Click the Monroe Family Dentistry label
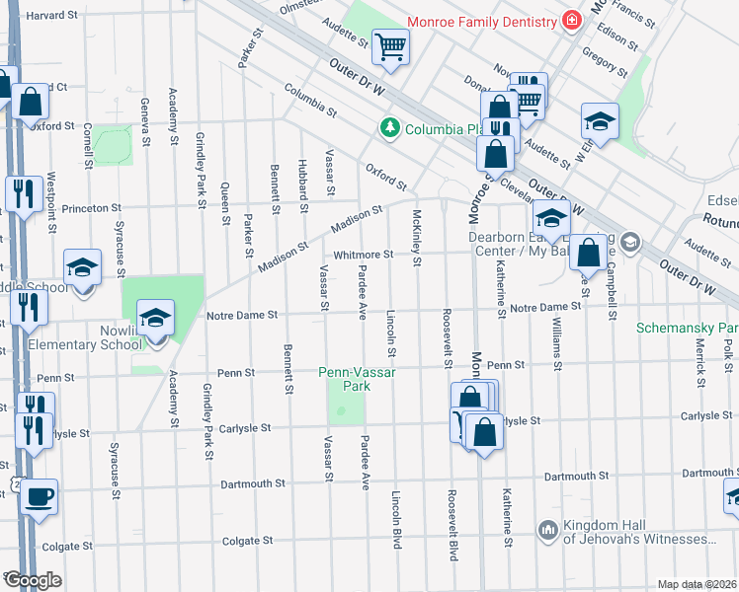pos(484,20)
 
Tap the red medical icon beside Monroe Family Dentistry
pos(570,20)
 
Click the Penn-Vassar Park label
pos(344,380)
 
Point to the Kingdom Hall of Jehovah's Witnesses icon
pos(549,531)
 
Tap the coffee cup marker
pos(40,495)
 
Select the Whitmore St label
pos(364,255)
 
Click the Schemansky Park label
pos(687,327)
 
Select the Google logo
pos(32,580)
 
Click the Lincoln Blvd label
pos(397,519)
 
